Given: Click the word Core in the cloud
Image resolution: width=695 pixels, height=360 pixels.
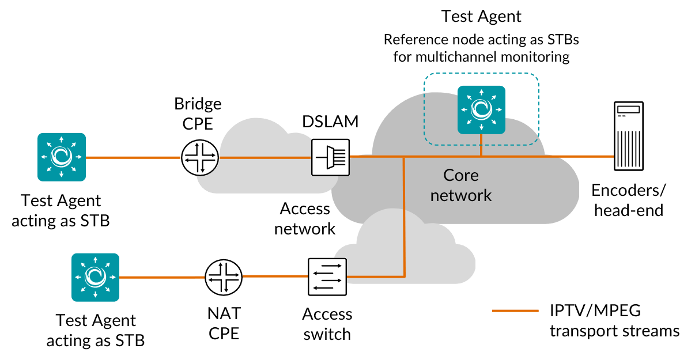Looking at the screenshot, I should (x=460, y=175).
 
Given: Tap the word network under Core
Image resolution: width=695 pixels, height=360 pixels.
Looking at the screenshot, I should (x=460, y=195).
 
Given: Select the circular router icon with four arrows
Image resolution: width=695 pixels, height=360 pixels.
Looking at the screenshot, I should (x=200, y=157).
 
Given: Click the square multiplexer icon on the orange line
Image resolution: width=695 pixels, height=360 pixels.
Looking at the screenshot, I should (x=330, y=157).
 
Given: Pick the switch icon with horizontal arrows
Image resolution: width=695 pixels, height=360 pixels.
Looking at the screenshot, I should (x=327, y=276).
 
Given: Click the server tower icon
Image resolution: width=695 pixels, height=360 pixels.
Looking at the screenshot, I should (x=628, y=136).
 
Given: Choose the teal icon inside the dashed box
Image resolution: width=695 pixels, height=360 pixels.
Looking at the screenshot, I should (x=481, y=109).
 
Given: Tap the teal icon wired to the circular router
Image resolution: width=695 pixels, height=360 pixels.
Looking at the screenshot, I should (x=62, y=157).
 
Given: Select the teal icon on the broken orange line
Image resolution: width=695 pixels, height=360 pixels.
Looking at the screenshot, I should (x=95, y=277).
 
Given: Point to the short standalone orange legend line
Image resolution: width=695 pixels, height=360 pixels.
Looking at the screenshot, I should (x=515, y=310).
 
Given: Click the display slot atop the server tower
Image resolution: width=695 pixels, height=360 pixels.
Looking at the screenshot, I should (x=628, y=109).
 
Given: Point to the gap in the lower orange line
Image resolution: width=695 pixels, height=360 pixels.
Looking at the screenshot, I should (x=224, y=277).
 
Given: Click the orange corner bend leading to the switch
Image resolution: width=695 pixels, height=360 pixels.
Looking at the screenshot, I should (x=404, y=276).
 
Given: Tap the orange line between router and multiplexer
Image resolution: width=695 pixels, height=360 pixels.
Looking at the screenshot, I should (x=265, y=157).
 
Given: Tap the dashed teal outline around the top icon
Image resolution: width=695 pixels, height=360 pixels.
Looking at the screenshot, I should (x=539, y=109).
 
